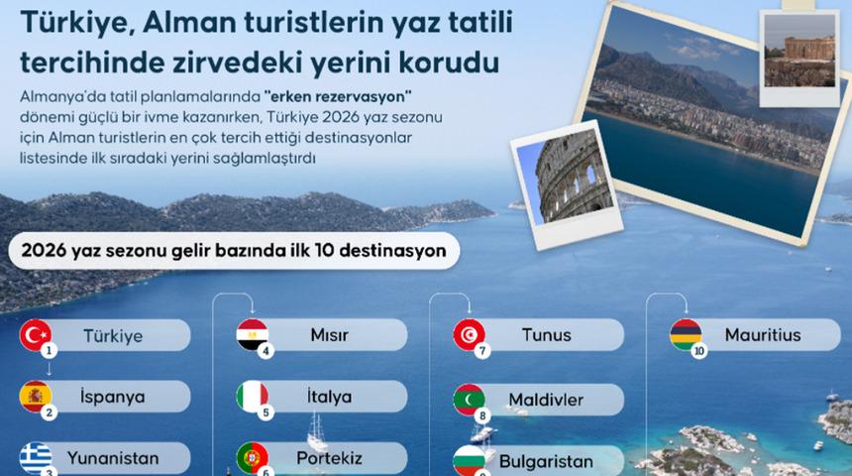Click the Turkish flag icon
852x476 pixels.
36,334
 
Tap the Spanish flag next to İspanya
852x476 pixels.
36,397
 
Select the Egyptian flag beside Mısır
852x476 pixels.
252,334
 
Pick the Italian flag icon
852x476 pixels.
252,397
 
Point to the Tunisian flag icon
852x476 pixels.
469,334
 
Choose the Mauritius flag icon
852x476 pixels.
686,334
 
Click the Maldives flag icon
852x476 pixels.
469,399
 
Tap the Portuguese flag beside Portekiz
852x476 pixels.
252,457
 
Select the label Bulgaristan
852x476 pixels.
546,461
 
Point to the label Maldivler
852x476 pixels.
546,400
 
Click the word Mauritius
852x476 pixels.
762,335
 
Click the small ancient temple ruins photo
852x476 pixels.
799,49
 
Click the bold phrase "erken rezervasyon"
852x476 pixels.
338,96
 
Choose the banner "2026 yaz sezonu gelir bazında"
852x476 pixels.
233,251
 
